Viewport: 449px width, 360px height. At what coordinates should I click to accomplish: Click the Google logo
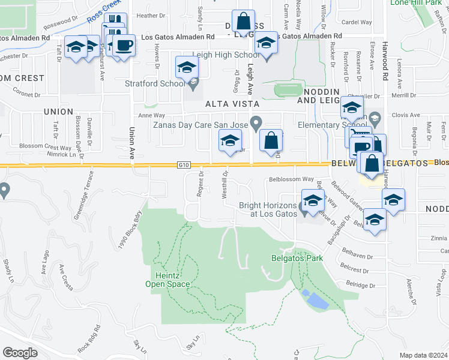(x=20, y=352)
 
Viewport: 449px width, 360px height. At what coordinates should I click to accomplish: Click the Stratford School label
(x=154, y=83)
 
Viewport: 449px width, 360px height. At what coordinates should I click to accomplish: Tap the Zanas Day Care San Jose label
(x=200, y=125)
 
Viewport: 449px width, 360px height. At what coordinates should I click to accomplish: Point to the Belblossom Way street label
(x=292, y=179)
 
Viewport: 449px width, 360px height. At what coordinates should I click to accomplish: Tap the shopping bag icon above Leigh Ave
(x=243, y=22)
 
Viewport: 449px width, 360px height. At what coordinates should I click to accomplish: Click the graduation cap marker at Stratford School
(x=187, y=67)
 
